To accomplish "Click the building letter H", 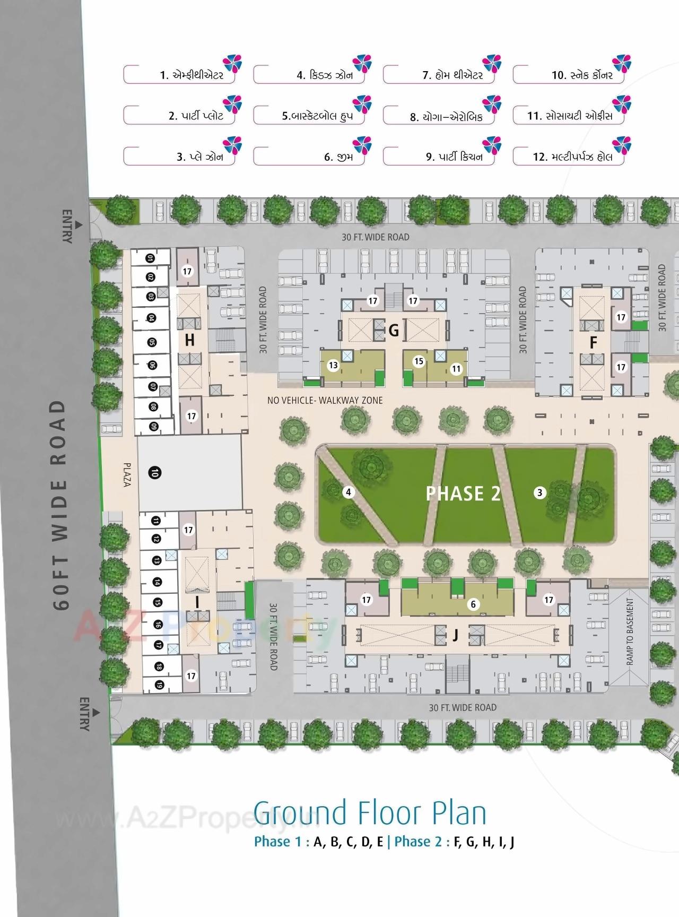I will [x=190, y=340].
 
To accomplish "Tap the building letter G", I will [x=394, y=331].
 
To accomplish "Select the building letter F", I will [x=594, y=342].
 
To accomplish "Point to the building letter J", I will [x=455, y=635].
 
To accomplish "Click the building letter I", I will [x=197, y=602].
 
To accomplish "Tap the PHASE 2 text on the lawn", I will [x=463, y=494].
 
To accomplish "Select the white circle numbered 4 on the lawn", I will [x=349, y=492].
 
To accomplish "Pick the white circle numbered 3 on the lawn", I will [x=539, y=493].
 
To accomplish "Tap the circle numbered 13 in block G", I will [x=333, y=365].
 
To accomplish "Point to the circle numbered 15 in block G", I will [x=419, y=361].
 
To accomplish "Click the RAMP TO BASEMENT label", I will [x=630, y=631].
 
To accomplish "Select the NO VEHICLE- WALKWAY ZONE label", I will [x=325, y=400].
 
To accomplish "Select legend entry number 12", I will [x=573, y=157].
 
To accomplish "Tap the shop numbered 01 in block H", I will [x=151, y=258].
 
